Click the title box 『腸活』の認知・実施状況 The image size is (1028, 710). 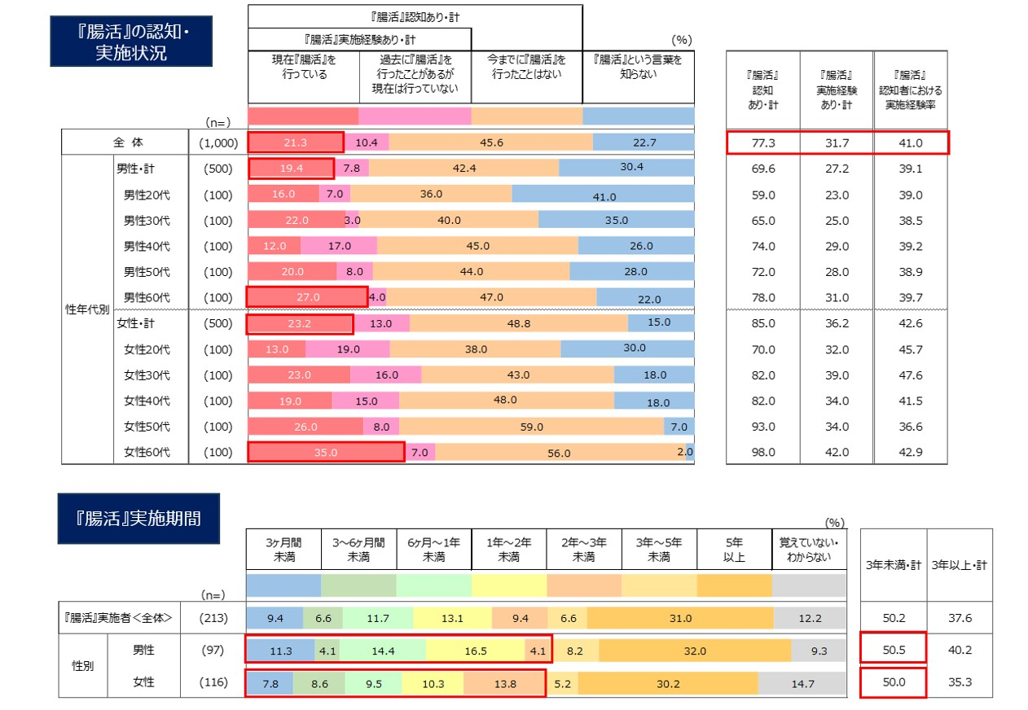point(130,42)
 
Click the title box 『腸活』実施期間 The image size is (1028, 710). point(138,519)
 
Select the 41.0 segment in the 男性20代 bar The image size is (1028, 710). point(604,195)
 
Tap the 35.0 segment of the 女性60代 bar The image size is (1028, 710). point(325,452)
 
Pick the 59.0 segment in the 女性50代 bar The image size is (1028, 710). point(531,426)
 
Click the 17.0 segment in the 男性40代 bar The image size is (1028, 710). point(339,246)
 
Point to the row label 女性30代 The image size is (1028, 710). point(147,375)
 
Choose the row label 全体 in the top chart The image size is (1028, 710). point(126,143)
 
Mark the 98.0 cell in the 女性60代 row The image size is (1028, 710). point(763,452)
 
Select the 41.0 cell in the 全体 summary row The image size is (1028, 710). point(910,143)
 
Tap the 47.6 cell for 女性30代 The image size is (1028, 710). point(910,375)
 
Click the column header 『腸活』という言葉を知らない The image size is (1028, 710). point(638,66)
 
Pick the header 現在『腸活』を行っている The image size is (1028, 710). point(303,66)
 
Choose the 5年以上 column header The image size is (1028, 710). point(734,549)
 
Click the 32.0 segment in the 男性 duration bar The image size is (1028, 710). point(695,651)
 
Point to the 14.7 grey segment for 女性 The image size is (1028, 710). point(802,684)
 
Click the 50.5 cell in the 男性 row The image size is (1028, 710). point(893,651)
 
